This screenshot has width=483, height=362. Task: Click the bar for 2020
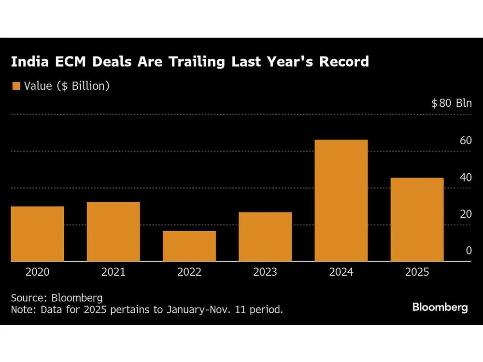(x=37, y=234)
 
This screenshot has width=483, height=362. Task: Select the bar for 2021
(x=114, y=232)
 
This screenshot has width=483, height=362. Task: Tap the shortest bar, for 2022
(x=189, y=246)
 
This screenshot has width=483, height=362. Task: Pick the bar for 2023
(x=265, y=237)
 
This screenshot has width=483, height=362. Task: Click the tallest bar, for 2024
(x=341, y=201)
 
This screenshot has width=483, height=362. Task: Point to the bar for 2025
(x=417, y=220)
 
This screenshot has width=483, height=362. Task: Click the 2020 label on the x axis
(x=37, y=272)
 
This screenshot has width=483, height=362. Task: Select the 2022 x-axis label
(x=189, y=272)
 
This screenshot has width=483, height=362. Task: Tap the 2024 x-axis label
(x=341, y=272)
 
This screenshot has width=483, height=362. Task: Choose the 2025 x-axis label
(x=417, y=272)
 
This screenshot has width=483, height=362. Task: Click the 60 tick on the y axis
(x=466, y=141)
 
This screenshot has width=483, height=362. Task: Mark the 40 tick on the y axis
(x=466, y=178)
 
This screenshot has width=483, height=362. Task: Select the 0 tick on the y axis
(x=469, y=251)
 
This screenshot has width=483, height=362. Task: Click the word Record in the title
(x=343, y=62)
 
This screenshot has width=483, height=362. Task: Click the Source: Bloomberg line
(x=57, y=297)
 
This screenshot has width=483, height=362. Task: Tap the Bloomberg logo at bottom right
(x=440, y=307)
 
